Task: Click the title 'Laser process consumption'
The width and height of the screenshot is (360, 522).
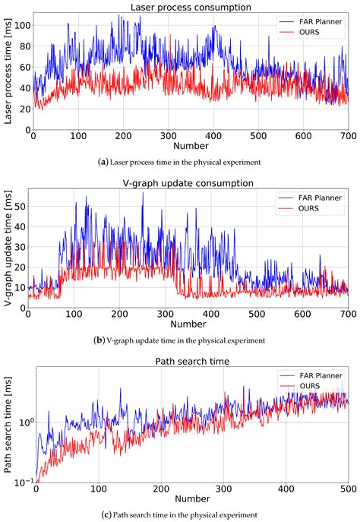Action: click(191, 7)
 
